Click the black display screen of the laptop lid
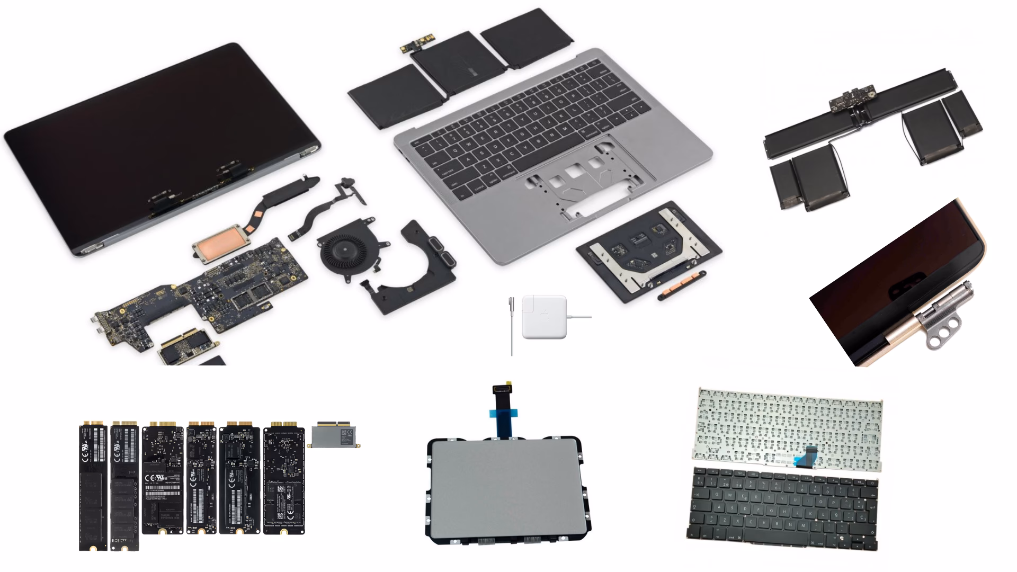coord(159,132)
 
